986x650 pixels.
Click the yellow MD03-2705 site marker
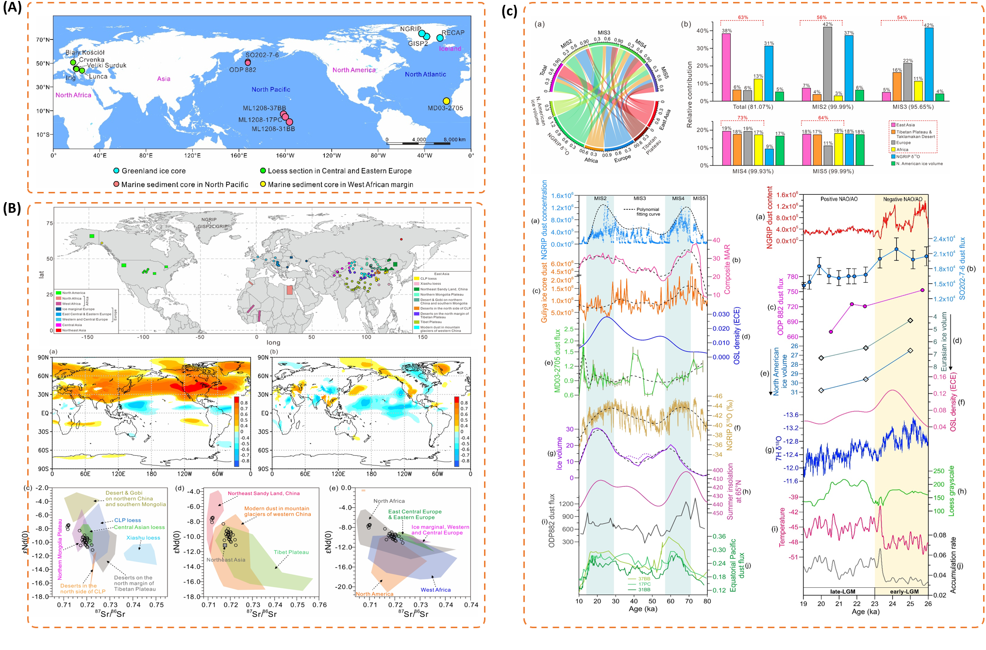[446, 101]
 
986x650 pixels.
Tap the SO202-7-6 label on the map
[262, 55]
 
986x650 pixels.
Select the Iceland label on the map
[450, 49]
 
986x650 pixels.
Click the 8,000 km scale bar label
[454, 139]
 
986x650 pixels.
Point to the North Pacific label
[271, 89]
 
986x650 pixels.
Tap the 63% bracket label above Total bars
[743, 17]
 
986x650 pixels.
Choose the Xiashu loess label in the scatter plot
[143, 538]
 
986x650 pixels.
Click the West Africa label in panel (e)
[435, 590]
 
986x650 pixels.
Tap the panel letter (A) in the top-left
[12, 8]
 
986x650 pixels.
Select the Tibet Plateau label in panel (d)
[291, 552]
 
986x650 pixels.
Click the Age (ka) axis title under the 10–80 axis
[643, 609]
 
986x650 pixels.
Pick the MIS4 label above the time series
[678, 198]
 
